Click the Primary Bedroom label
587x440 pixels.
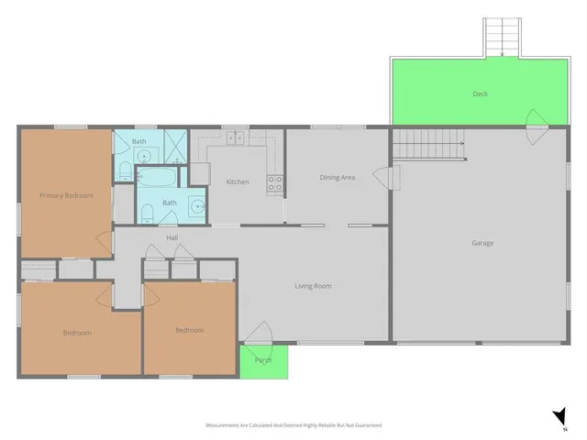click(66, 195)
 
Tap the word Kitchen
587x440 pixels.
click(238, 181)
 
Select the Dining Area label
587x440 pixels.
click(337, 177)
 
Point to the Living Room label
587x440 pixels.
click(313, 286)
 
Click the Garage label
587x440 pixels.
click(482, 243)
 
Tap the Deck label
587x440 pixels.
click(480, 93)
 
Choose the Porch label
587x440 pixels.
click(263, 360)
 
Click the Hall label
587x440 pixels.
click(172, 238)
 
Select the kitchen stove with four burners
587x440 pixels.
click(273, 182)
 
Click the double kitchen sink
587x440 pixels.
click(235, 139)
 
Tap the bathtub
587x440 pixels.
click(162, 174)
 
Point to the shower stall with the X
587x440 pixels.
click(174, 145)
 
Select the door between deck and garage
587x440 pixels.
click(535, 120)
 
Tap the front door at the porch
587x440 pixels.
click(261, 335)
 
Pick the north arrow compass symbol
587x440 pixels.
click(559, 419)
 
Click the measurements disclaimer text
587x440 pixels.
click(293, 425)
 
